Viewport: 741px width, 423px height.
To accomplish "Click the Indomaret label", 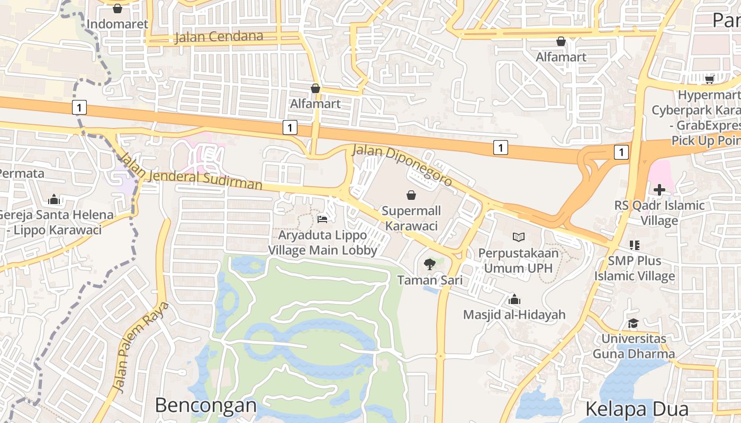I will [x=118, y=24].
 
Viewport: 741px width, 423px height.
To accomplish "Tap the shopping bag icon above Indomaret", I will [x=118, y=8].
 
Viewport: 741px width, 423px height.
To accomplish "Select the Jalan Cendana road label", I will [x=219, y=36].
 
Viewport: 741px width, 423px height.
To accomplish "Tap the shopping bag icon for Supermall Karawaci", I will [x=411, y=195].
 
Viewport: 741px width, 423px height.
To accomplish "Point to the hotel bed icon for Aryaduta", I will [x=322, y=219].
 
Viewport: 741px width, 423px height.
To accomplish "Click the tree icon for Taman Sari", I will [x=429, y=264].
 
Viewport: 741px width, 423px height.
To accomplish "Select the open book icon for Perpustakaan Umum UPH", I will [x=518, y=237].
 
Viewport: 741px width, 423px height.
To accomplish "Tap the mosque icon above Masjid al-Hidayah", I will [x=514, y=300].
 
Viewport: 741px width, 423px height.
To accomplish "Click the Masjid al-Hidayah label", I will [x=514, y=315].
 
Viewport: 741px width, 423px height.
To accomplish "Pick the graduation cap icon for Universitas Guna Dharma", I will [x=633, y=323].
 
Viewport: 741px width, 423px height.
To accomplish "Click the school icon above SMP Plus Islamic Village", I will [x=634, y=245].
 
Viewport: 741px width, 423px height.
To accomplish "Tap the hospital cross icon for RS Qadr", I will [x=659, y=190].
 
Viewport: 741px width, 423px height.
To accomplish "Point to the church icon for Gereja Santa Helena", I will [x=53, y=199].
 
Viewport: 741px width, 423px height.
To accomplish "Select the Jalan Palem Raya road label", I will [x=141, y=347].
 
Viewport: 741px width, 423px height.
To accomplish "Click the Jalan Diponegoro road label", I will [x=403, y=165].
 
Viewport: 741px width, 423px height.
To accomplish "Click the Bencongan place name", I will [x=205, y=406].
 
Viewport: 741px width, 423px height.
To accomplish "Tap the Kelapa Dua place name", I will [x=637, y=409].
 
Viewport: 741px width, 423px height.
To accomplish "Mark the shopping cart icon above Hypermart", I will [x=709, y=79].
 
